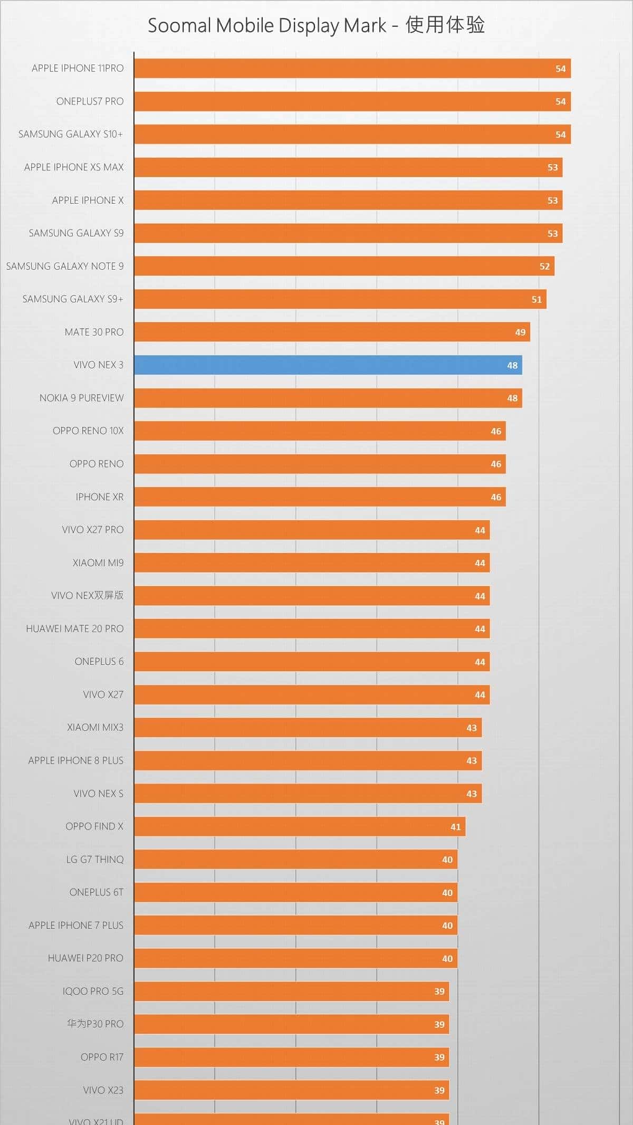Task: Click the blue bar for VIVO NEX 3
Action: pos(327,365)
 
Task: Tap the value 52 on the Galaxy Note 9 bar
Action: pos(544,266)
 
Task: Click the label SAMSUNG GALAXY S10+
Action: pos(71,135)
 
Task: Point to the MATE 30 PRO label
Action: pos(94,332)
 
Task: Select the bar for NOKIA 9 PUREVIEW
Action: pos(327,398)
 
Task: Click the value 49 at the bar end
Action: pos(520,332)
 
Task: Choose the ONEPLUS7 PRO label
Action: pos(90,101)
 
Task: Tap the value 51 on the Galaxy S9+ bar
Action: pos(536,300)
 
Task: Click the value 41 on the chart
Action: pos(455,827)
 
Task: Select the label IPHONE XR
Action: pos(99,497)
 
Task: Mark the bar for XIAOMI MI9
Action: pos(311,563)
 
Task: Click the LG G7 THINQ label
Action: pos(95,860)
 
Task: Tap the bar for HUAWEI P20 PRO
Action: pos(295,959)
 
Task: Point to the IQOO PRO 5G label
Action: pos(93,991)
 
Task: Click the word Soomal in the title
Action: pos(179,25)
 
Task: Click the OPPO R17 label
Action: pos(102,1057)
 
